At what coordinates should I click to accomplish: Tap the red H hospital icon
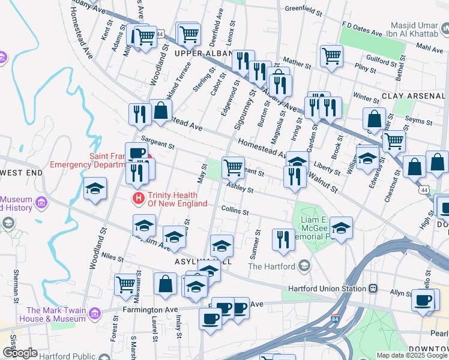[x=139, y=198]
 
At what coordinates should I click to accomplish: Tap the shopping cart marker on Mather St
[x=331, y=57]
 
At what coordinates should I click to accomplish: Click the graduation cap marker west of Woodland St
[x=95, y=188]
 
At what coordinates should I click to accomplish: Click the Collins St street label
[x=234, y=209]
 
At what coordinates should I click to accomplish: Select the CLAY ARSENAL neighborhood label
[x=415, y=96]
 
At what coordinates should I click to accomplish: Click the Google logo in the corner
[x=20, y=353]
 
